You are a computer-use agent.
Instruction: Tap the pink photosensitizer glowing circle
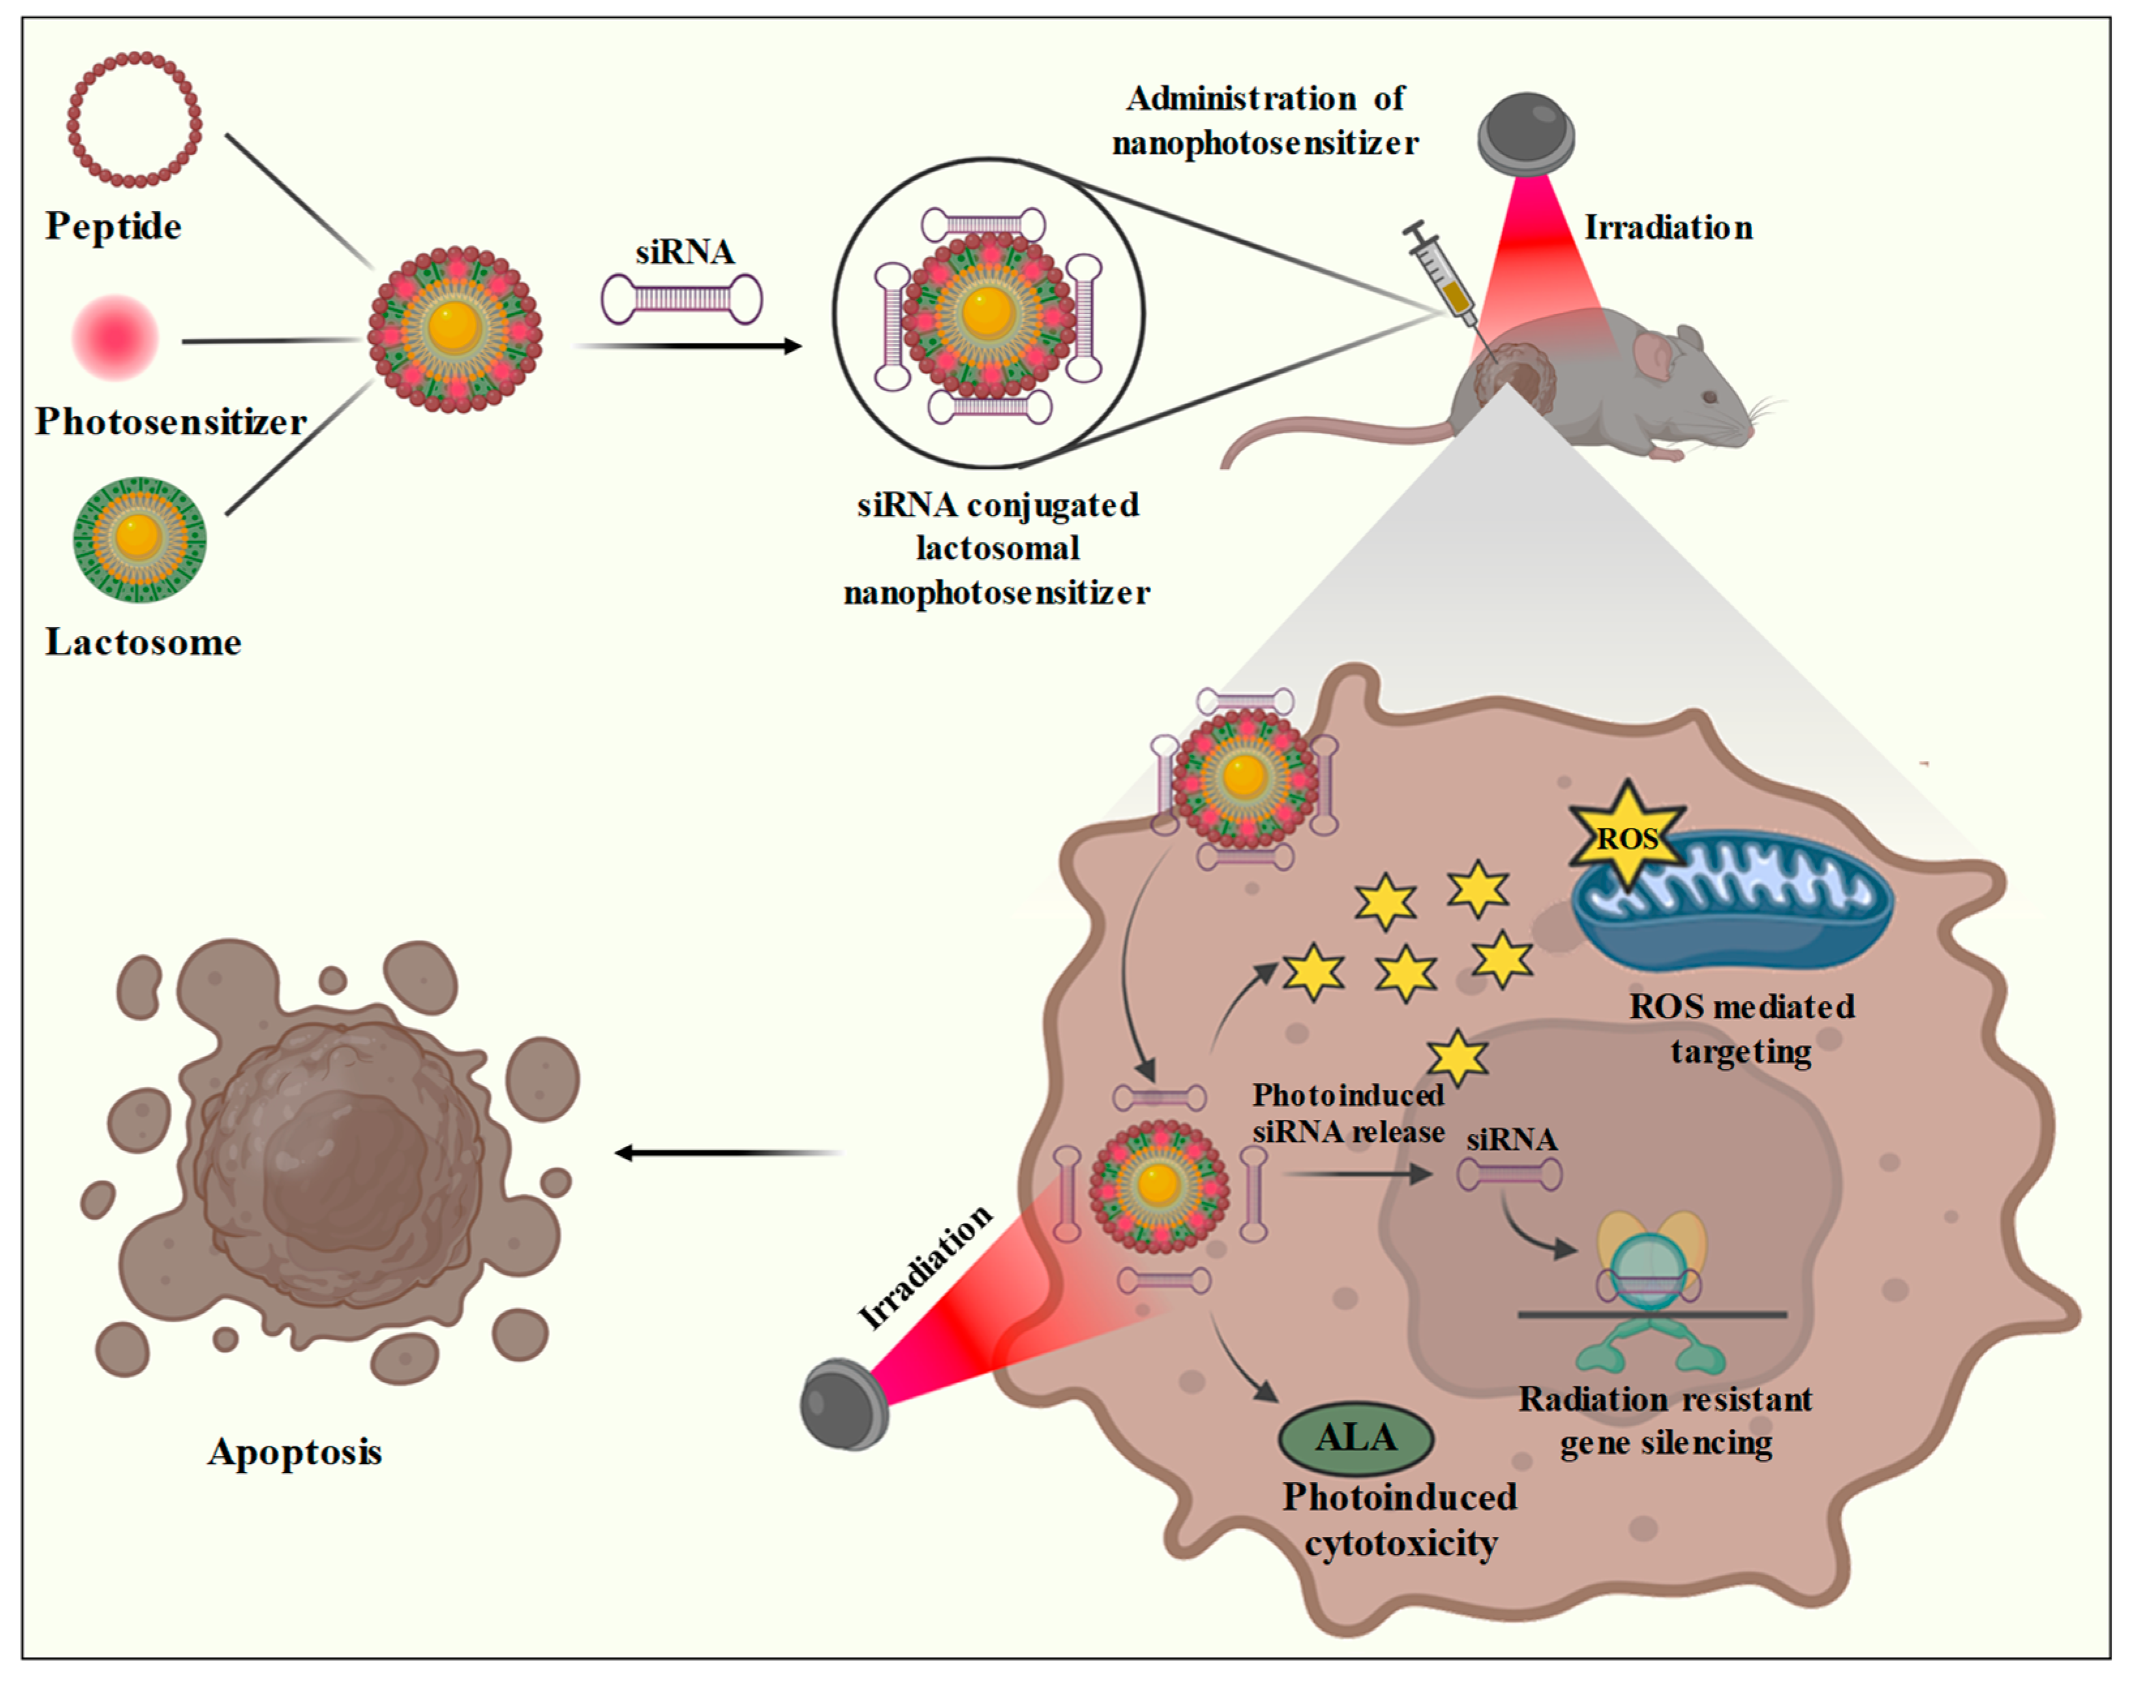[115, 337]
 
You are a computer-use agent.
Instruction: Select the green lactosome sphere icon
[139, 539]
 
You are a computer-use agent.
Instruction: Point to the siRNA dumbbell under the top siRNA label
[682, 299]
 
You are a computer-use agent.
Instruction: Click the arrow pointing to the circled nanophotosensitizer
[690, 346]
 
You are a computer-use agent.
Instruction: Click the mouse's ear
[1652, 355]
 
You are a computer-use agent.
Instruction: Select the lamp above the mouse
[1525, 133]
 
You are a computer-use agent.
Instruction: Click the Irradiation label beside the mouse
[1668, 227]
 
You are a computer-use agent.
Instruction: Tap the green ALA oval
[1356, 1438]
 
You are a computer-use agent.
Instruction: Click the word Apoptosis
[295, 1452]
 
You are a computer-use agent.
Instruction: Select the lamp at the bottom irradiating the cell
[844, 1404]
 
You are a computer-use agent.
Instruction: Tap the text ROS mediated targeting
[1741, 1028]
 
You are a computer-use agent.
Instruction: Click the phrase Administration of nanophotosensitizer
[1265, 120]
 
